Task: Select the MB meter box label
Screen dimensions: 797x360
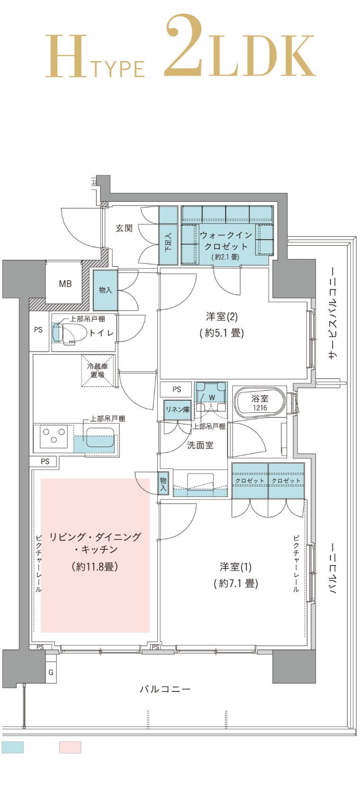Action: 65,284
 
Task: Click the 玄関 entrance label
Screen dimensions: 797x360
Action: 124,228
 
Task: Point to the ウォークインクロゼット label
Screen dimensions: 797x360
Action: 226,241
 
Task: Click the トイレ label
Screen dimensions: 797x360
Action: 101,333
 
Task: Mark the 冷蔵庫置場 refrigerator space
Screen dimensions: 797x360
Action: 98,370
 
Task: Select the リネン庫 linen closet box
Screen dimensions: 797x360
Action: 177,410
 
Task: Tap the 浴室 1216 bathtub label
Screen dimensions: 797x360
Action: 260,403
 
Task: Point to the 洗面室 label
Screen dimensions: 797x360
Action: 200,445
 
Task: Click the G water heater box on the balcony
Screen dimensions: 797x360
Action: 51,672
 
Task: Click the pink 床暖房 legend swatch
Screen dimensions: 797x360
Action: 70,747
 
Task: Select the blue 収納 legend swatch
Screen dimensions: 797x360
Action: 13,747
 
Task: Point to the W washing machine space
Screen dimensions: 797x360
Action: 211,398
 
